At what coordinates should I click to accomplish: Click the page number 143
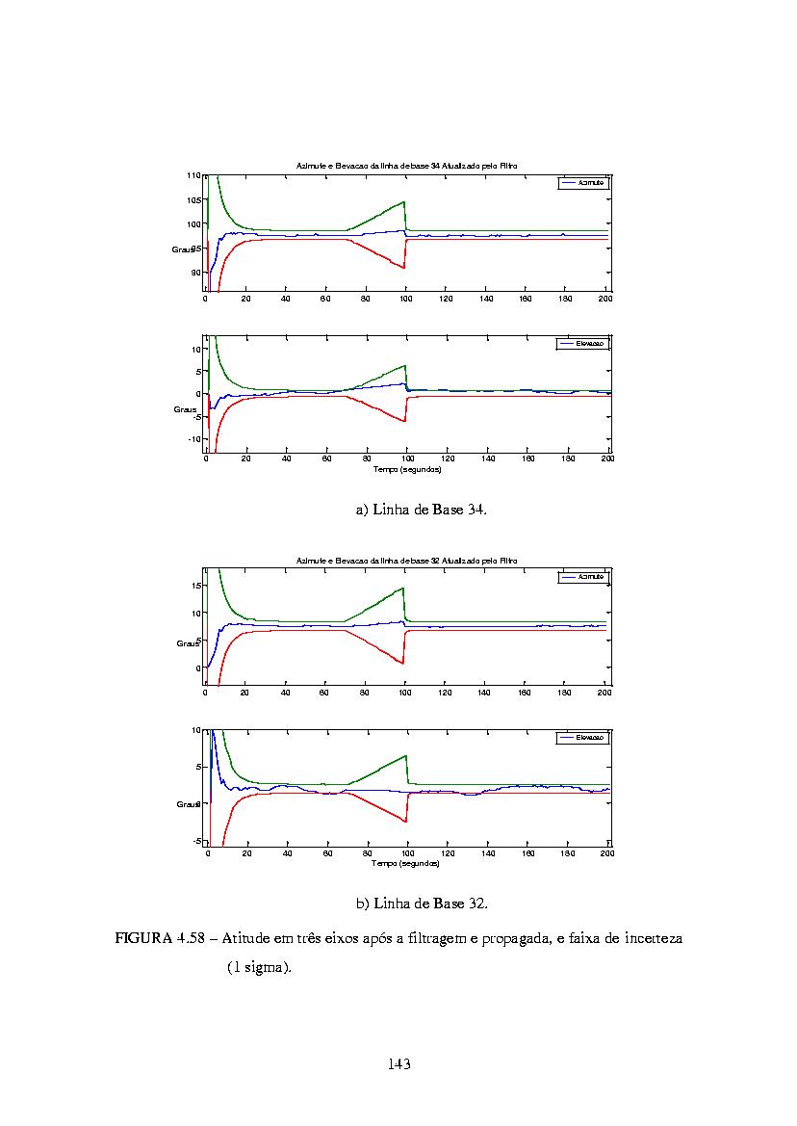coord(399,1063)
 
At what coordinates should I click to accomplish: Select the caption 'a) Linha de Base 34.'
coord(422,510)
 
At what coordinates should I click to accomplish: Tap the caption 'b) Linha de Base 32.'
coord(422,903)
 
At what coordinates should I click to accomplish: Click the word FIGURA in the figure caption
coord(143,938)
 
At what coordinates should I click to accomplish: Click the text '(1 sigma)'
coord(259,966)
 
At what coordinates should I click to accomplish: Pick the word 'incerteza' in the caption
coord(652,938)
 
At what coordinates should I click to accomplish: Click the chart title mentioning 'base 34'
coord(406,167)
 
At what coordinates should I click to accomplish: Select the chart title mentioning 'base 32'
coord(406,560)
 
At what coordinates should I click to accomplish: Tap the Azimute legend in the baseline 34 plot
coord(583,182)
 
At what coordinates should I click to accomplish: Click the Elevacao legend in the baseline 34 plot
coord(583,344)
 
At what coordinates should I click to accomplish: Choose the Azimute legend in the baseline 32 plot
coord(583,576)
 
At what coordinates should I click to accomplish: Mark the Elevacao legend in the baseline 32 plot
coord(583,738)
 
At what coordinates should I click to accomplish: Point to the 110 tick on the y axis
coord(193,176)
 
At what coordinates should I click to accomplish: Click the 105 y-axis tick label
coord(193,200)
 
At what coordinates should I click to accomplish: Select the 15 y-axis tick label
coord(195,585)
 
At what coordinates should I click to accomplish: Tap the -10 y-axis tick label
coord(193,438)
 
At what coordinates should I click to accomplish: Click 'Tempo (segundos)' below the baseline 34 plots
coord(406,469)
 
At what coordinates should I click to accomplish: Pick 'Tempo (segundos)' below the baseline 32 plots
coord(406,863)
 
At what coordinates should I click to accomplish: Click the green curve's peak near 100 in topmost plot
coord(404,201)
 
